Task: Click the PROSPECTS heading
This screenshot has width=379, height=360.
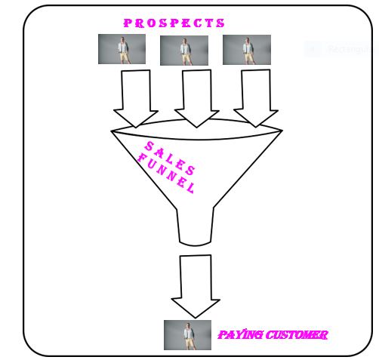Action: [174, 23]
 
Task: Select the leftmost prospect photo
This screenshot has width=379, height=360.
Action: [122, 49]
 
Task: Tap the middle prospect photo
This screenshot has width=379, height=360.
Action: [184, 51]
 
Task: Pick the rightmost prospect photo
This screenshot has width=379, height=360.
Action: [247, 50]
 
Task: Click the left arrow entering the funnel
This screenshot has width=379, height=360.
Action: [136, 99]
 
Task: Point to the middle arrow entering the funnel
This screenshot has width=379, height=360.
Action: [197, 99]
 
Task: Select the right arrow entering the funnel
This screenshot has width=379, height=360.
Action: [256, 98]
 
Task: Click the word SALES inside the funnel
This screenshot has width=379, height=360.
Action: [170, 158]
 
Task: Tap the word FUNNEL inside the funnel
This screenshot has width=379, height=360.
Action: [166, 174]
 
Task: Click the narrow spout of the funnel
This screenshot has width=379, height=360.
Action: [195, 226]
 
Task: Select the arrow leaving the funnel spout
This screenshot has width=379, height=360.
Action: [196, 286]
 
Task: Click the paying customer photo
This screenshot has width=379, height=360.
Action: [187, 335]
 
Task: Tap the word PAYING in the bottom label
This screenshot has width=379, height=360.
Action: [240, 335]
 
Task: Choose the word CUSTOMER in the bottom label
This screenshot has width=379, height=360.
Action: [297, 335]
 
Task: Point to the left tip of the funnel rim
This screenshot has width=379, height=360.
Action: [112, 131]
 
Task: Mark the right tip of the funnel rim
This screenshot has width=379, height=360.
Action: [282, 131]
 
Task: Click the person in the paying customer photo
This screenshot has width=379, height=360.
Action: [189, 336]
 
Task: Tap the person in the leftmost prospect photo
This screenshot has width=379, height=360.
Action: [124, 51]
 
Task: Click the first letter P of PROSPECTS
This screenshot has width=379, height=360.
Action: [128, 23]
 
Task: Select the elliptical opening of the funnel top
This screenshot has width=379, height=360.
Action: [197, 139]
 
